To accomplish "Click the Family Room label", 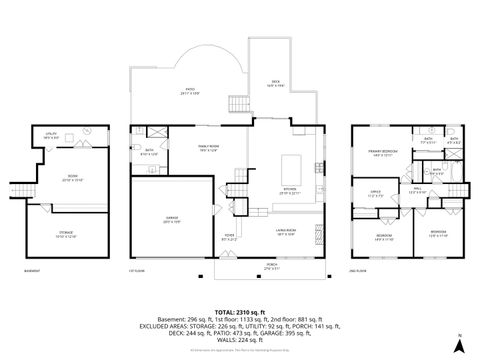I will tap(207, 148).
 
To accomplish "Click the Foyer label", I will tap(228, 237).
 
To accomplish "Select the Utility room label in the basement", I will tap(50, 134).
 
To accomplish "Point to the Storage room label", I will tap(63, 236).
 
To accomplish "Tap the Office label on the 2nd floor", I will tap(375, 194).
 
